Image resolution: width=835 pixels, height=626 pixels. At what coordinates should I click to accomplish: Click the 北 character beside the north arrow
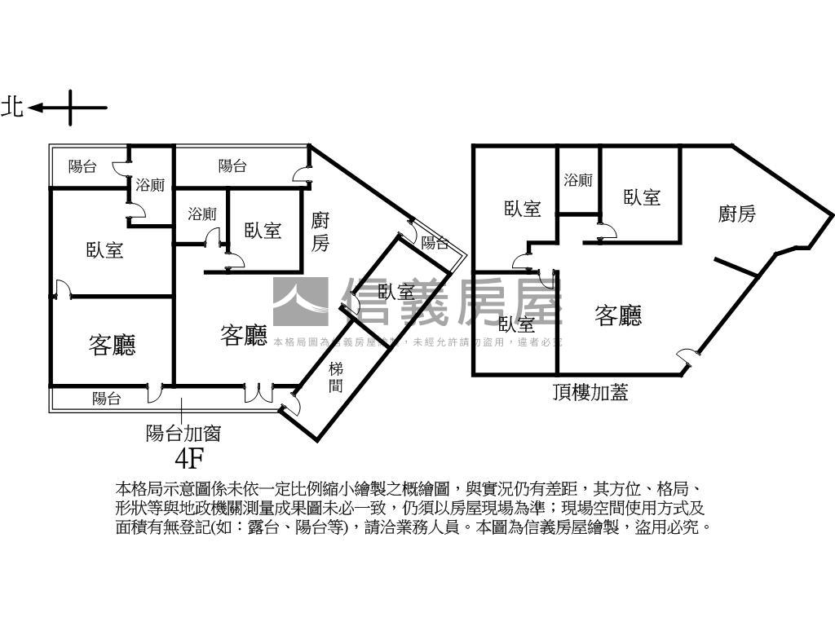point(12,107)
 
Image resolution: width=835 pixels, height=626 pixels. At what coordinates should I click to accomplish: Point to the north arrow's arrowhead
point(34,107)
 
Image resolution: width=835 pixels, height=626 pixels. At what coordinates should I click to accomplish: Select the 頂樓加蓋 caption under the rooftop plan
point(590,394)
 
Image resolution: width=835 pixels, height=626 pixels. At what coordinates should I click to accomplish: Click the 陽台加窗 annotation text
point(183,433)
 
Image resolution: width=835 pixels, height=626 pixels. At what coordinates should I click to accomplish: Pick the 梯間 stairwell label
point(336,378)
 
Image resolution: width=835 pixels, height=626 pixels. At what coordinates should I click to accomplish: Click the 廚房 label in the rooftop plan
point(736,214)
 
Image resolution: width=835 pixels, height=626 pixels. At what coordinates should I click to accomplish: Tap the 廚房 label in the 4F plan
point(320,231)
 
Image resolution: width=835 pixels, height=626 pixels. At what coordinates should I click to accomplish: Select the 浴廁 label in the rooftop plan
point(578,180)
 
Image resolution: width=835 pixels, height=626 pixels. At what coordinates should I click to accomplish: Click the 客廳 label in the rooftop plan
point(618,315)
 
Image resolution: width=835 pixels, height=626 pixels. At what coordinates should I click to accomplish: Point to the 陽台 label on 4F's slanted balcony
point(434,242)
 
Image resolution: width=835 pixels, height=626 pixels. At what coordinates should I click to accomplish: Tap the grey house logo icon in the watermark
point(300,302)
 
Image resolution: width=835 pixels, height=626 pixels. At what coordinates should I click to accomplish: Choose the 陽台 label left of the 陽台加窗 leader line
point(107,399)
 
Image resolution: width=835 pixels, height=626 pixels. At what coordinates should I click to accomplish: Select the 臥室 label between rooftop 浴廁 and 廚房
point(642,197)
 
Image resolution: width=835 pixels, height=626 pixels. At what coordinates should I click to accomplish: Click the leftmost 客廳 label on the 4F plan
point(112,346)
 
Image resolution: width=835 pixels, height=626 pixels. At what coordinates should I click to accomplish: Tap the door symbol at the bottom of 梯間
point(291,404)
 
